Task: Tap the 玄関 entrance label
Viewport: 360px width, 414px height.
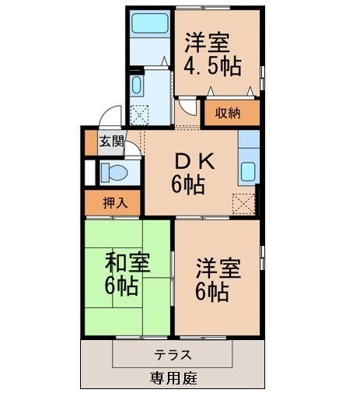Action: (x=111, y=142)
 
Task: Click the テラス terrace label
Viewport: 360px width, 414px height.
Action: (x=173, y=354)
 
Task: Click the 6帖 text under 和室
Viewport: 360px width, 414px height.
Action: (x=122, y=286)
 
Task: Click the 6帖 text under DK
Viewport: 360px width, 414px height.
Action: (x=188, y=186)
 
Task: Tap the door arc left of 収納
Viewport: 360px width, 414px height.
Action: (x=187, y=108)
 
